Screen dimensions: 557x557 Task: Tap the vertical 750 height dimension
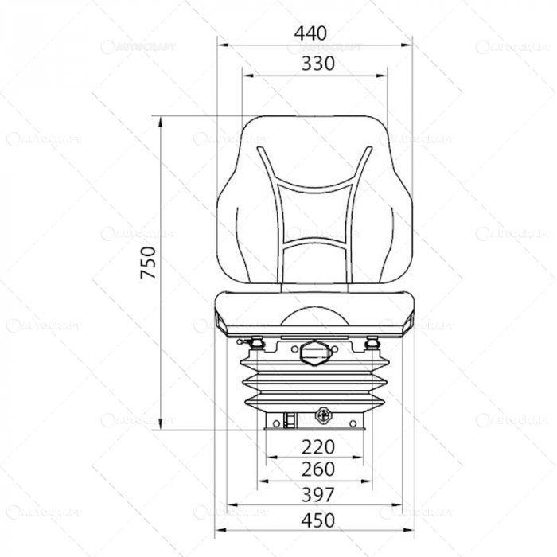(149, 263)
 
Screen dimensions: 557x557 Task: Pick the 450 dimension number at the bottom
(316, 520)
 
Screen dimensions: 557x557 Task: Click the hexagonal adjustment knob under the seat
(314, 352)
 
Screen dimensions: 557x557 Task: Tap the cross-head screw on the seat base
(323, 415)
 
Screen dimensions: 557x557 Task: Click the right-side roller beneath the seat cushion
(371, 344)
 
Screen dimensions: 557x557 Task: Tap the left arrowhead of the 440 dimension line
(220, 45)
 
